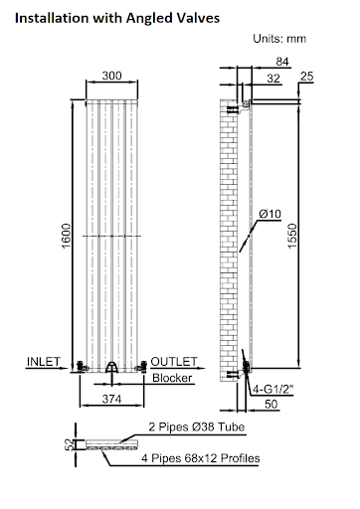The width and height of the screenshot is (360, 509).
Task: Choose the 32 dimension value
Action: pyautogui.click(x=273, y=80)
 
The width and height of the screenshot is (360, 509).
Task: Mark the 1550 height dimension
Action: pyautogui.click(x=317, y=235)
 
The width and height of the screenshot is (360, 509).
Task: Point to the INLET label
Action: pyautogui.click(x=45, y=360)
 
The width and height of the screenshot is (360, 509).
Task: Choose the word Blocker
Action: pyautogui.click(x=172, y=378)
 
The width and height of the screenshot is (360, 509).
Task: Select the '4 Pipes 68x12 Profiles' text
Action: pyautogui.click(x=200, y=458)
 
